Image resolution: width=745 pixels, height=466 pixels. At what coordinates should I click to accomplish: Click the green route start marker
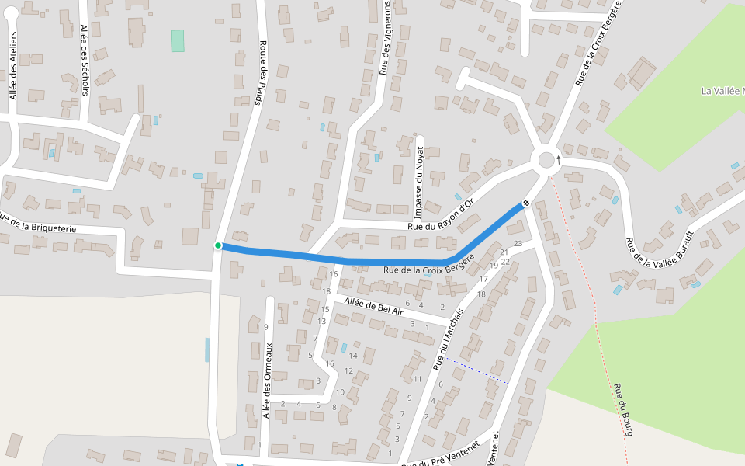point(218,245)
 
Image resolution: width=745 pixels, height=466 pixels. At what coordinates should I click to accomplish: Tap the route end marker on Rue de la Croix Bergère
point(526,203)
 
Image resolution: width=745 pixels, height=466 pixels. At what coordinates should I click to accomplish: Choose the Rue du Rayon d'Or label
point(442,214)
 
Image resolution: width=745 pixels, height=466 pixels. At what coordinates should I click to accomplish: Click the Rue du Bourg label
point(624,409)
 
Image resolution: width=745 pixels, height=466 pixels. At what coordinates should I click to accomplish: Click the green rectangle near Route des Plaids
point(178,40)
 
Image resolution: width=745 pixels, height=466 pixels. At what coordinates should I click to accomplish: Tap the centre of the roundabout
point(546,160)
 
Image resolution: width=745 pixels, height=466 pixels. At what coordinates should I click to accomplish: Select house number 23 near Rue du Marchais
point(518,245)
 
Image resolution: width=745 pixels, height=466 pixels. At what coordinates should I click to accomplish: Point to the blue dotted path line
point(477,370)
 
